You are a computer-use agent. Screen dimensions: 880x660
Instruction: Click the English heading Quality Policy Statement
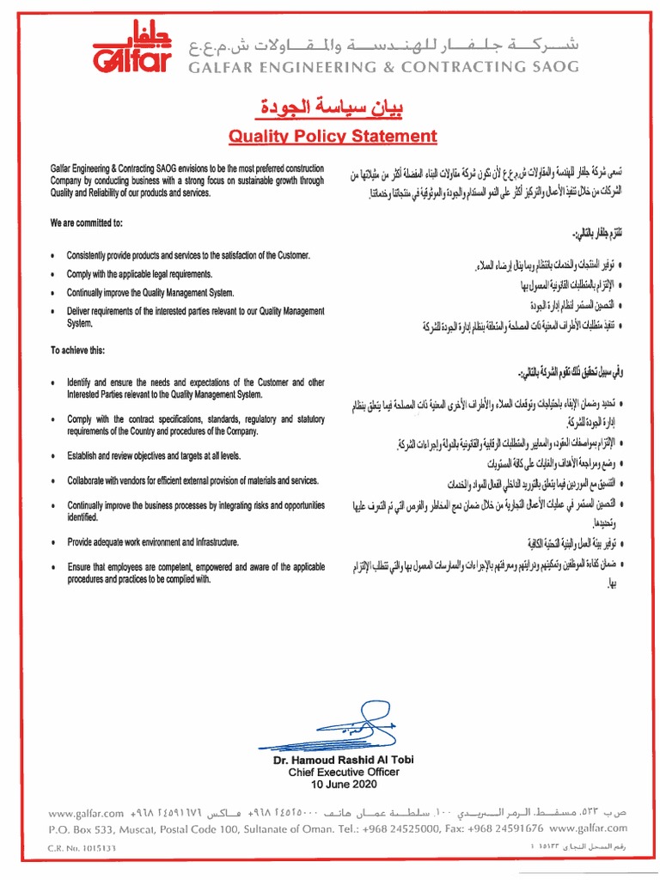332,136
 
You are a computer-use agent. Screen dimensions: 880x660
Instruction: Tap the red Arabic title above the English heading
332,109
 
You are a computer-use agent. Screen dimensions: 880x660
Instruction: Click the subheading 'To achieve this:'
79,351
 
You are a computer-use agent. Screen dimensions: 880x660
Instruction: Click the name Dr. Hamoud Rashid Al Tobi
333,761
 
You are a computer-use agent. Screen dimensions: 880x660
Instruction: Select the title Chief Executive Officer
333,773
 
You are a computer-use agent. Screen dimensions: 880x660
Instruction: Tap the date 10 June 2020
333,785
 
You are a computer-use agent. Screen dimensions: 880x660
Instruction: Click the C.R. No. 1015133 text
82,846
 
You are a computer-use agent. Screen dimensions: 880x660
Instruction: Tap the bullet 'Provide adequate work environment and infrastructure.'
153,542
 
